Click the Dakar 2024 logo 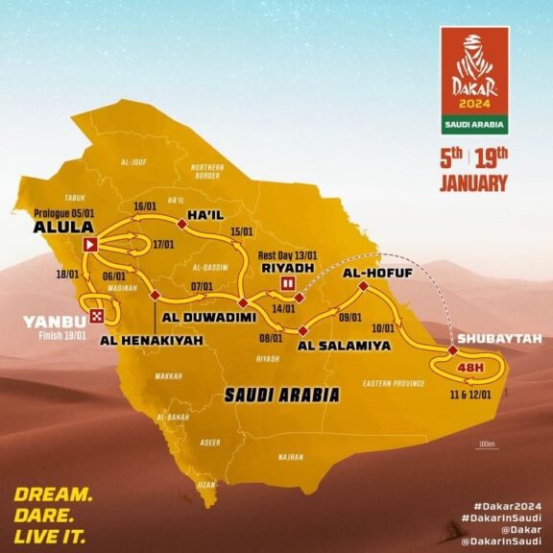(473, 81)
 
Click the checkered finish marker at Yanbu (97, 315)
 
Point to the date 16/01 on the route (145, 205)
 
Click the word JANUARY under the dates (473, 183)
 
